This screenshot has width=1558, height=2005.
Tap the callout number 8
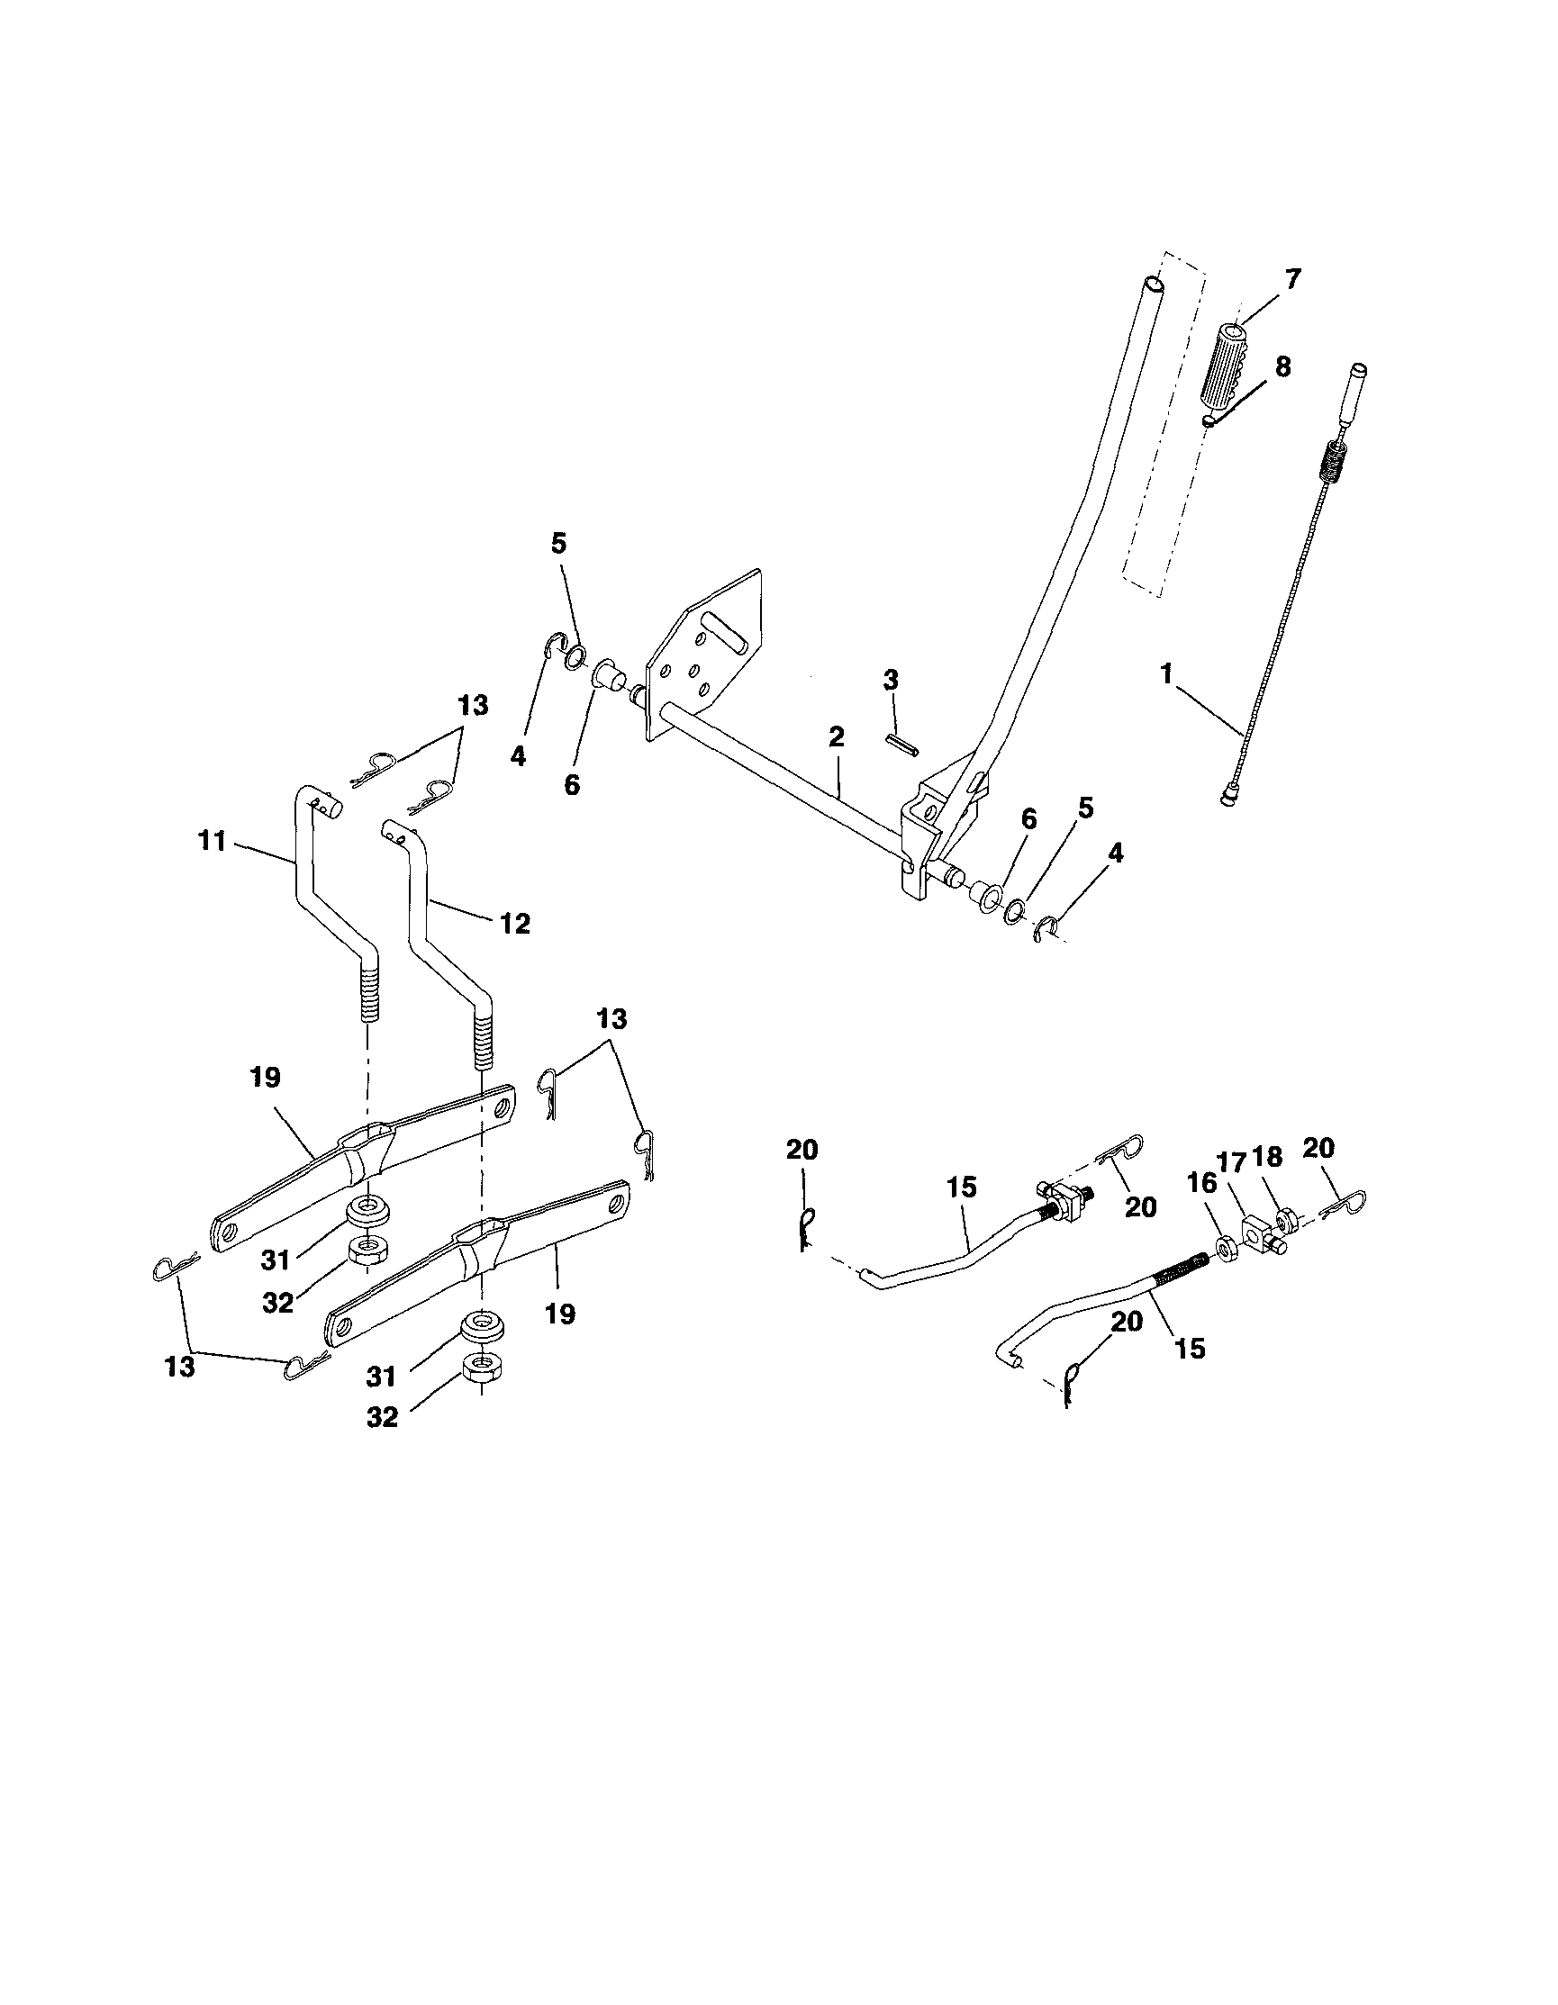1282,367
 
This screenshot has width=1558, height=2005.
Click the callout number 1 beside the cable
1166,674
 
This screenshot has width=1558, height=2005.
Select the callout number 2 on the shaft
836,737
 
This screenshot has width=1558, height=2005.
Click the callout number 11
212,841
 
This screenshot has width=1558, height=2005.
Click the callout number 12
516,924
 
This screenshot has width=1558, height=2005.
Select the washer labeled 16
1225,1247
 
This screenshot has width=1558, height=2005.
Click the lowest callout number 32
382,1416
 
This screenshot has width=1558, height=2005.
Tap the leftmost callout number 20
802,1151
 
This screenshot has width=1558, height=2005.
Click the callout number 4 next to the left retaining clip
519,757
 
